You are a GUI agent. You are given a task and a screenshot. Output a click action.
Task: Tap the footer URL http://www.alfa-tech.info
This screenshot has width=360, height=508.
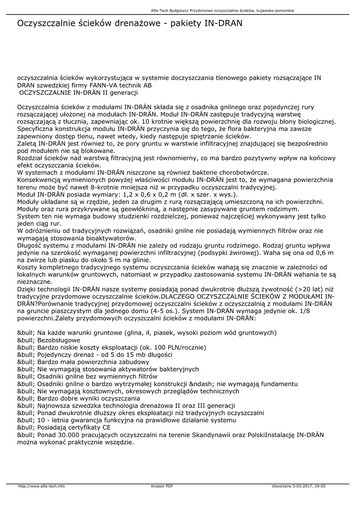41,486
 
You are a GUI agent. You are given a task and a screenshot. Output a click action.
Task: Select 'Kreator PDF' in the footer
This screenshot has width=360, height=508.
162,486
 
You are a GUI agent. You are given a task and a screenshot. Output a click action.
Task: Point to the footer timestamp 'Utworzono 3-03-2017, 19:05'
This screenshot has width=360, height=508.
299,486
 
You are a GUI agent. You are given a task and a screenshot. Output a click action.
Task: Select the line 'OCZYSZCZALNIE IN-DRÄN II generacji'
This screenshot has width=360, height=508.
78,92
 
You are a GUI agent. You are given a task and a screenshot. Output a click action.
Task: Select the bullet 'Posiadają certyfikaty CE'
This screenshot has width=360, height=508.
74,427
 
